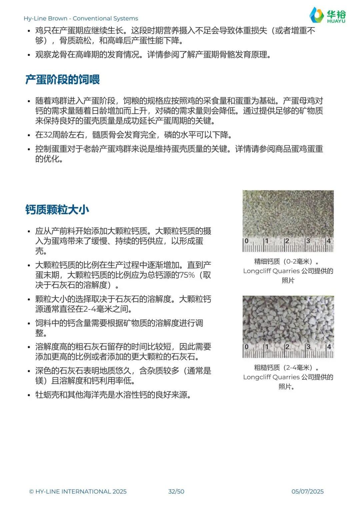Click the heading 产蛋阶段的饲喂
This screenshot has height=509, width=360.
pyautogui.click(x=62, y=80)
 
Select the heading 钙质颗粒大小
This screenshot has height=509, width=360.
pyautogui.click(x=57, y=210)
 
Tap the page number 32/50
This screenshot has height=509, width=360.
pyautogui.click(x=176, y=491)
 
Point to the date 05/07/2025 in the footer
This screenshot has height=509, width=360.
pyautogui.click(x=307, y=491)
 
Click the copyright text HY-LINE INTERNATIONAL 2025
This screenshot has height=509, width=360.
pyautogui.click(x=78, y=491)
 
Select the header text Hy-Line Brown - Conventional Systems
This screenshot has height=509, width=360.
pyautogui.click(x=81, y=18)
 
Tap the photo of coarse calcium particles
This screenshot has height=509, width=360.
pyautogui.click(x=288, y=320)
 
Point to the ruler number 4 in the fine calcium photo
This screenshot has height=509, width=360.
pyautogui.click(x=329, y=241)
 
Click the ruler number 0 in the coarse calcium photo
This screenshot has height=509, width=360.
pyautogui.click(x=247, y=347)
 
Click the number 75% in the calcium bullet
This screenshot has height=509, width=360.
pyautogui.click(x=187, y=275)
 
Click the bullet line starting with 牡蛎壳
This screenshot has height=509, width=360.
pyautogui.click(x=113, y=395)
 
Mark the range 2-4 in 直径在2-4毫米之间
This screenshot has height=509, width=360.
pyautogui.click(x=90, y=309)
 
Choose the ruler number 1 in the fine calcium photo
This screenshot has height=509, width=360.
pyautogui.click(x=266, y=241)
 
